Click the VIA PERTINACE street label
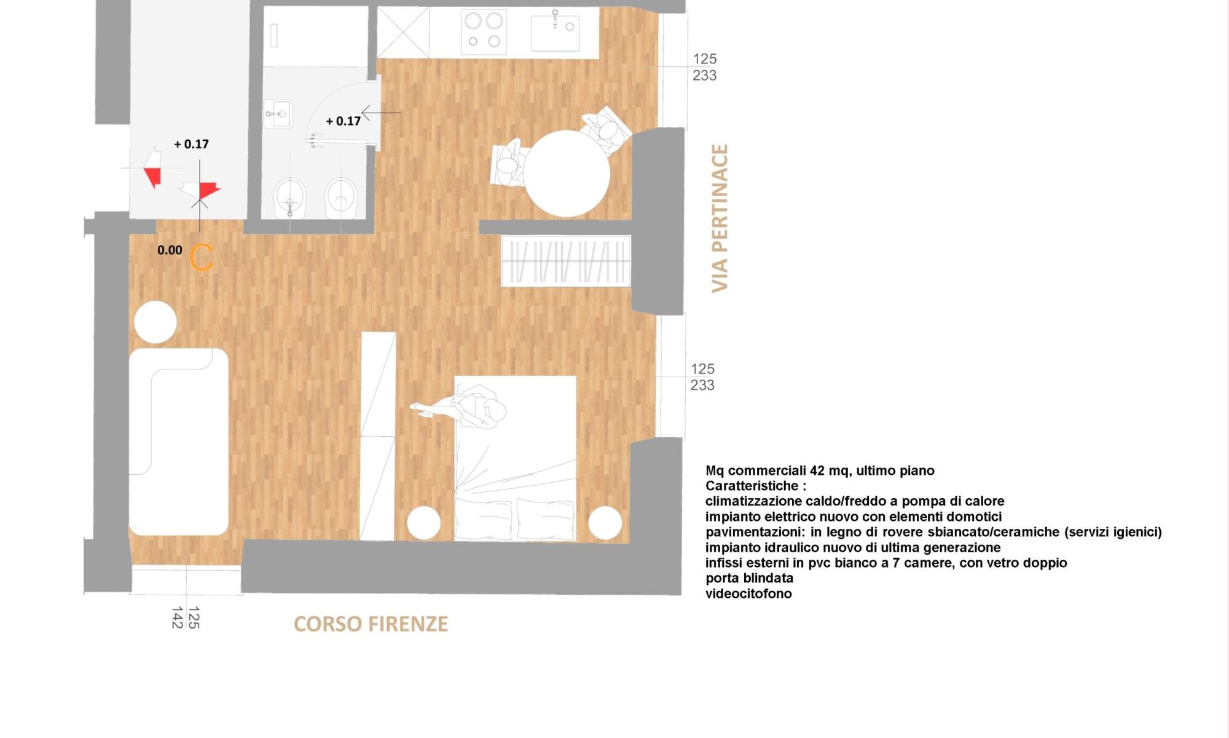(720, 218)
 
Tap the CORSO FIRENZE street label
(371, 624)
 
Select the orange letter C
(202, 258)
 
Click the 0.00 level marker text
(170, 250)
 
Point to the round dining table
(567, 173)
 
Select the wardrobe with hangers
(566, 261)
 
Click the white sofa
(178, 441)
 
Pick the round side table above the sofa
(155, 322)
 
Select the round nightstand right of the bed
(605, 523)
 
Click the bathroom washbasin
(278, 114)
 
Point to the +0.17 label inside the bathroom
(343, 121)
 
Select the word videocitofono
(748, 593)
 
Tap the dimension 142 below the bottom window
(178, 617)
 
